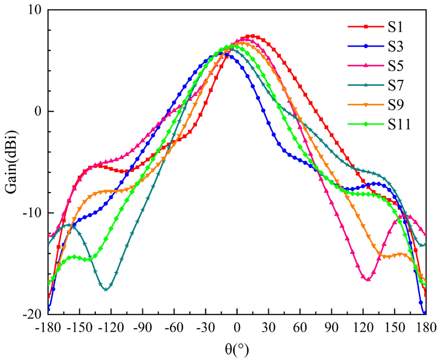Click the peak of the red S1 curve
[251, 36]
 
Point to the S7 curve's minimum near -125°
[106, 289]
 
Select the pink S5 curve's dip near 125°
[367, 280]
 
